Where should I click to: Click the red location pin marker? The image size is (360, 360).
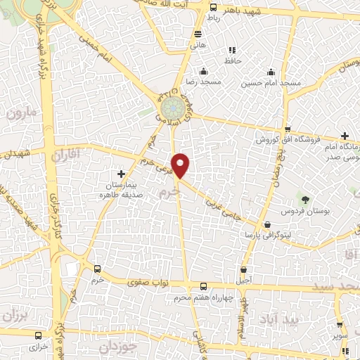click(181, 165)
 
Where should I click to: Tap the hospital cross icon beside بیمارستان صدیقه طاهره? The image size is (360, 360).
click(121, 173)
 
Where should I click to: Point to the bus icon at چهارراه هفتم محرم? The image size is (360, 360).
click(203, 286)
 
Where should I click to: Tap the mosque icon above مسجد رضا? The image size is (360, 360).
click(203, 71)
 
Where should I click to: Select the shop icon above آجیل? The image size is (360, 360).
click(243, 269)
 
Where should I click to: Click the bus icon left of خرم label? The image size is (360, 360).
click(97, 269)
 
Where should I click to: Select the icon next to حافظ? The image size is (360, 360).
click(231, 50)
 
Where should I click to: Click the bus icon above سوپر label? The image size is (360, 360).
click(339, 325)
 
